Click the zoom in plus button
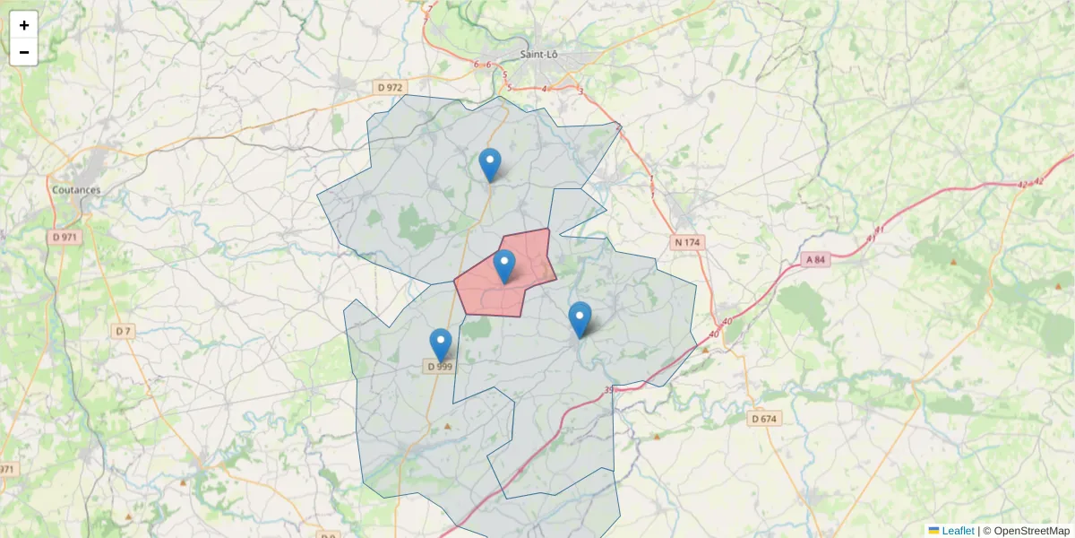pyautogui.click(x=24, y=25)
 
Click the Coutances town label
pyautogui.click(x=76, y=190)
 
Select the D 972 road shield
pyautogui.click(x=391, y=87)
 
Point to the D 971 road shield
pyautogui.click(x=65, y=237)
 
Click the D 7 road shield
pyautogui.click(x=124, y=331)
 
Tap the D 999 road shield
pyautogui.click(x=439, y=366)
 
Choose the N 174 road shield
pyautogui.click(x=687, y=242)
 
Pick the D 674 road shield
pyautogui.click(x=763, y=419)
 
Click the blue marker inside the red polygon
pyautogui.click(x=505, y=265)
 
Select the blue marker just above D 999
pyautogui.click(x=440, y=344)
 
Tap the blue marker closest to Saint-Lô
pyautogui.click(x=489, y=164)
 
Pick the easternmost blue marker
pyautogui.click(x=580, y=318)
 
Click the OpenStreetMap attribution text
pyautogui.click(x=1026, y=531)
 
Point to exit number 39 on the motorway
pyautogui.click(x=609, y=389)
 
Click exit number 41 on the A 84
pyautogui.click(x=880, y=230)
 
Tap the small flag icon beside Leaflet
pyautogui.click(x=933, y=531)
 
